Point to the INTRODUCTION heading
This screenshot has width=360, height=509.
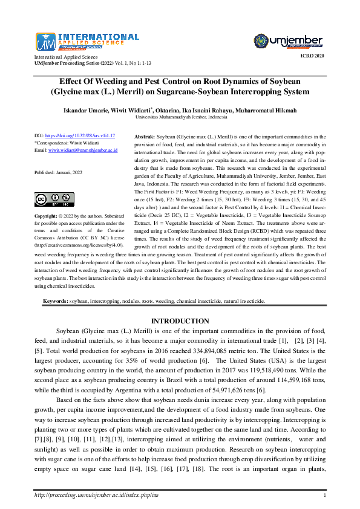(x=180, y=321)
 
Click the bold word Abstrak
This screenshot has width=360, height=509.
(x=144, y=137)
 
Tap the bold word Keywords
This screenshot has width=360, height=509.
(x=55, y=300)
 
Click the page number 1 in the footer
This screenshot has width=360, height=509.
(x=325, y=496)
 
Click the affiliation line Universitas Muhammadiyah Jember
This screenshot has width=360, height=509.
(x=180, y=118)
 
